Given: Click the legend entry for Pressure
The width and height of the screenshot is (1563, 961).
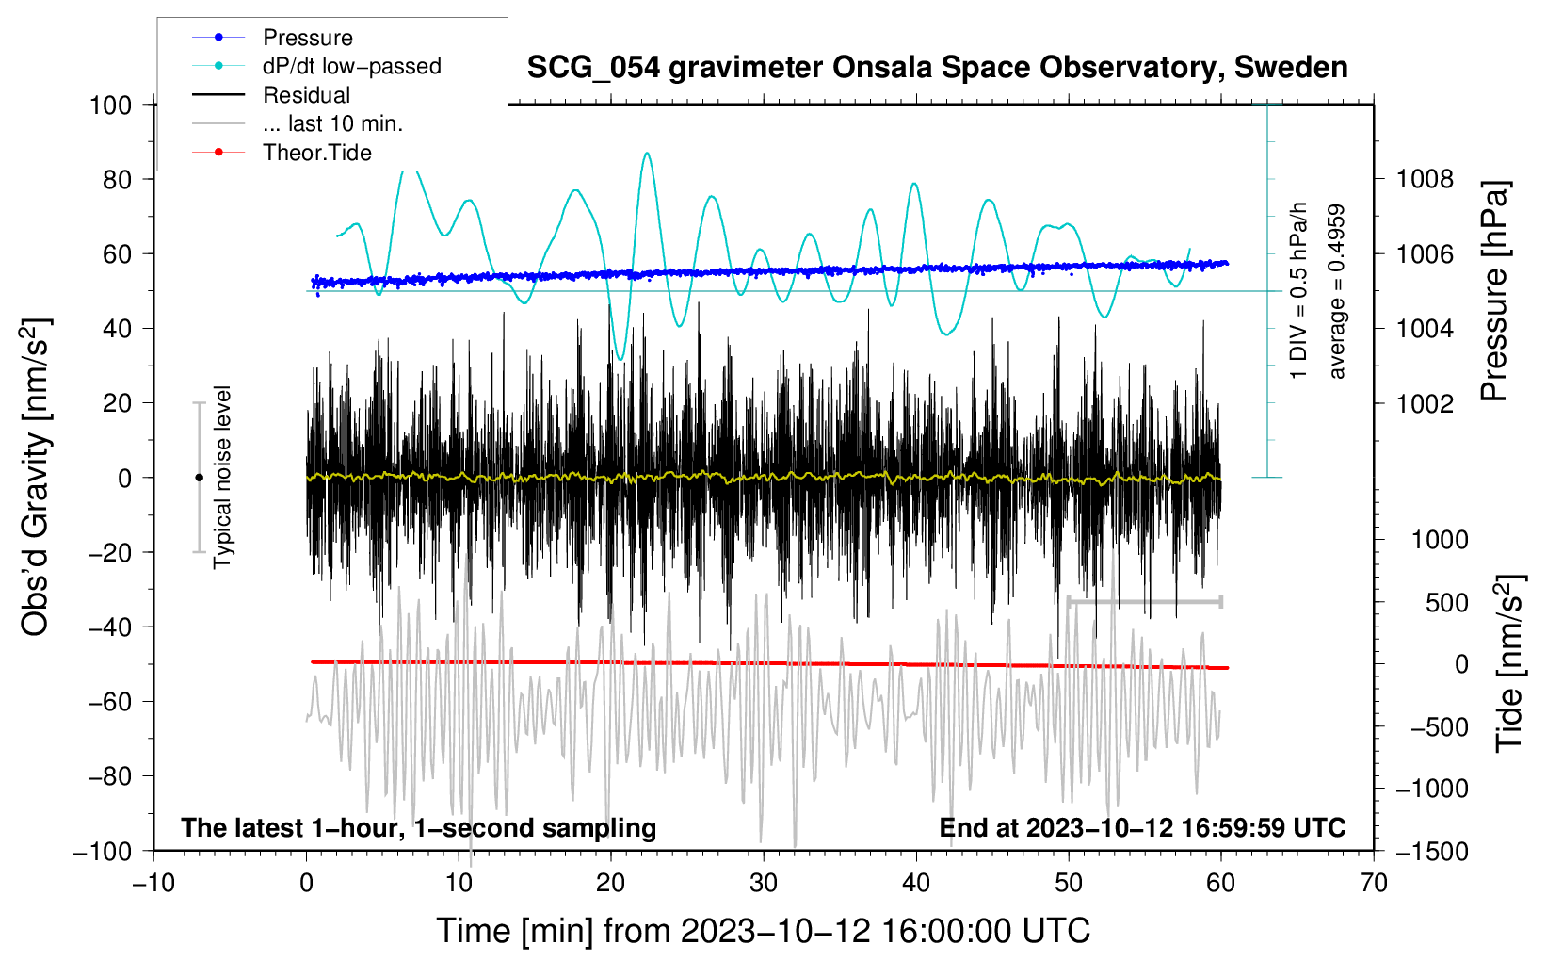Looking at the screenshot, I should (x=307, y=38).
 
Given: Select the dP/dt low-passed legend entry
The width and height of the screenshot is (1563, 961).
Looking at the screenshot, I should (x=351, y=66).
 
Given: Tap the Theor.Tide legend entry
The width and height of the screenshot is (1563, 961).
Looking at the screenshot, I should (x=316, y=153).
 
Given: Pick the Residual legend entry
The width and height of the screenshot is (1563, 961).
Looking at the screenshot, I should (x=306, y=95).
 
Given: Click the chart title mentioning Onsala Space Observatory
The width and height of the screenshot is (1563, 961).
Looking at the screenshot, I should (x=937, y=68).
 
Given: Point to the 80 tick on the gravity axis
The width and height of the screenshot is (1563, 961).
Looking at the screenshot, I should (x=117, y=179).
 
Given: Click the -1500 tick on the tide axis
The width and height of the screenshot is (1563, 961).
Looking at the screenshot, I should (x=1432, y=851).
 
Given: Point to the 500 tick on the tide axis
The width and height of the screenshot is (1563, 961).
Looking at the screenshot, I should (x=1446, y=602).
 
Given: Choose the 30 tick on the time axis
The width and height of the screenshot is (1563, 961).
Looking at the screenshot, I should (x=764, y=883).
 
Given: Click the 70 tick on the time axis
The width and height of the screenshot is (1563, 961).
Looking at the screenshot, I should (x=1374, y=883).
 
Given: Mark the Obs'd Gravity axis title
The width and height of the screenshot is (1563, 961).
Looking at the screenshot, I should (x=35, y=477).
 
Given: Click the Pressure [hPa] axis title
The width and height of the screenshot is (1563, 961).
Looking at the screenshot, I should (x=1494, y=292).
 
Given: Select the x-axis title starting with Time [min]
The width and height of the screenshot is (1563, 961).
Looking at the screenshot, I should (x=764, y=931).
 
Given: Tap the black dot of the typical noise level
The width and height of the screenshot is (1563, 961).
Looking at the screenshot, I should (x=199, y=478).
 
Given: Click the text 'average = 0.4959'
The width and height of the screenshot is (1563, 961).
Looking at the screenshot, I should (x=1336, y=292).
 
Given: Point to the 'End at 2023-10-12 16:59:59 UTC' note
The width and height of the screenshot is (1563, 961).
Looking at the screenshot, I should (x=1142, y=827).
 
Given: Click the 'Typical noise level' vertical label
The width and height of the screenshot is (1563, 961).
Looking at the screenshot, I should (x=222, y=477).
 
